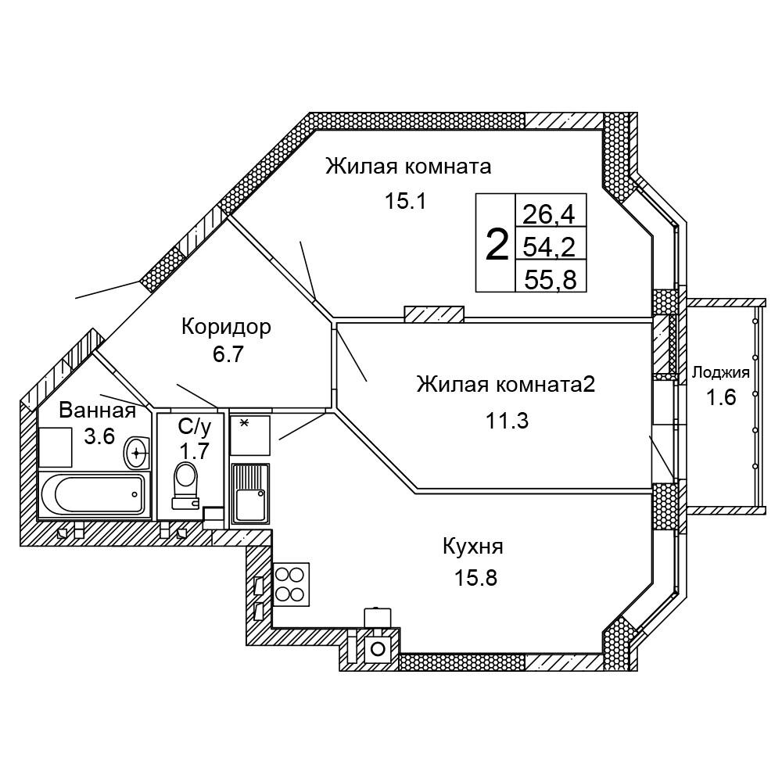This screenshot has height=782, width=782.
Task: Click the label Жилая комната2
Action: [506, 385]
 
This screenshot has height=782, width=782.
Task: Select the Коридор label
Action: [226, 326]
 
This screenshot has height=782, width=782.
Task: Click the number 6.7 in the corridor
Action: [228, 354]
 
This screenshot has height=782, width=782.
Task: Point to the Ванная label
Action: [98, 410]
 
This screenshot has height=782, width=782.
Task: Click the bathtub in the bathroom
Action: [93, 493]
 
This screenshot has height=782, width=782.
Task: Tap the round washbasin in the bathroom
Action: [138, 451]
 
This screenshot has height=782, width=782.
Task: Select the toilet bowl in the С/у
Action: [185, 479]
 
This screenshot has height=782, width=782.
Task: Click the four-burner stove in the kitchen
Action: [289, 583]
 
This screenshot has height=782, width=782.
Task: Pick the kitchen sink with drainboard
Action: [250, 492]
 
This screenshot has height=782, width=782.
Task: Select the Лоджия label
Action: [720, 373]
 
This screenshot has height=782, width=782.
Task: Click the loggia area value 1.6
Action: [721, 397]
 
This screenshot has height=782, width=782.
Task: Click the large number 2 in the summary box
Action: [497, 245]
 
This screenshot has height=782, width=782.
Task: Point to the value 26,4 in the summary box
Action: [550, 213]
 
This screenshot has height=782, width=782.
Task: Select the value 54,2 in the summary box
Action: [550, 246]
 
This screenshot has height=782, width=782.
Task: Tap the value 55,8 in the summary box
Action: [550, 279]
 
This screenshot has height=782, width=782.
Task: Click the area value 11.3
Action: [507, 421]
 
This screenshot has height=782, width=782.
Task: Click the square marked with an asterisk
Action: [250, 435]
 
